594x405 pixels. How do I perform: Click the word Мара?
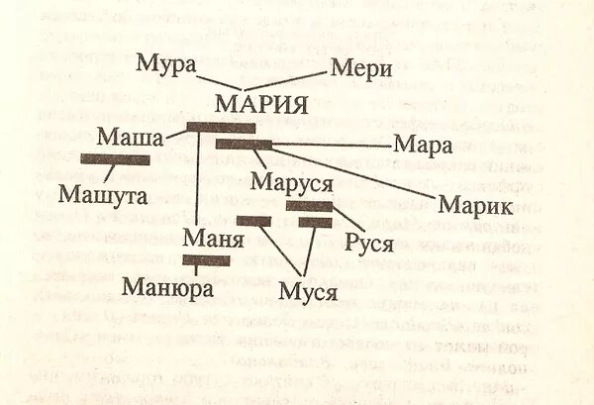coord(423,145)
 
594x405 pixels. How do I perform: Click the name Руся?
coord(369,243)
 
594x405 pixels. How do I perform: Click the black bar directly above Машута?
coord(115,159)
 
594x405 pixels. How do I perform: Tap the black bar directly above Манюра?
coord(206,261)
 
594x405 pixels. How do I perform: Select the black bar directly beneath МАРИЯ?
coord(221,127)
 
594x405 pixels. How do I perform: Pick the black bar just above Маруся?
coord(243,145)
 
